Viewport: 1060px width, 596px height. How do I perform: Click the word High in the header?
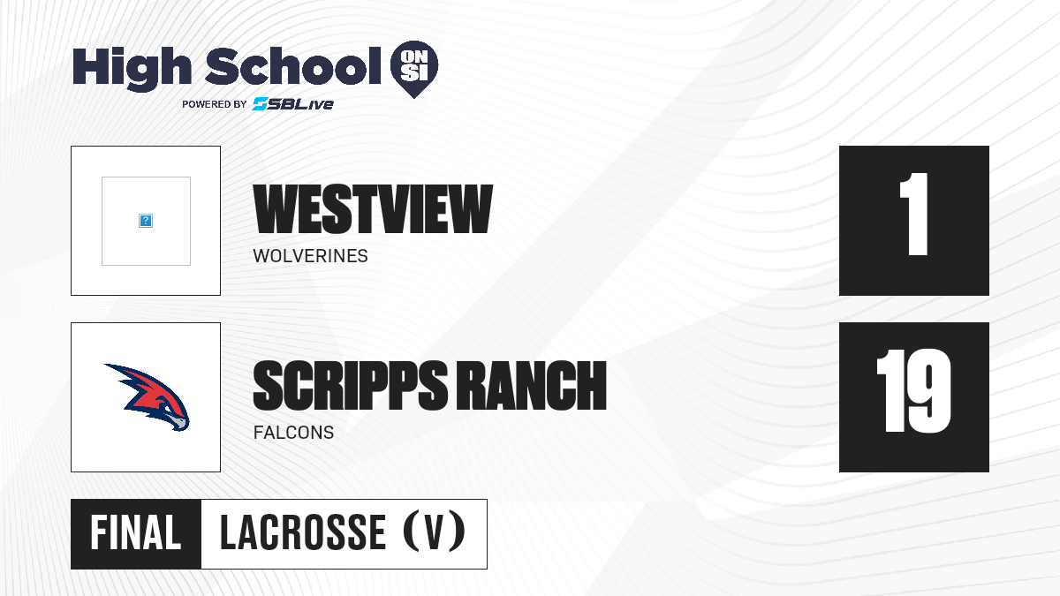pyautogui.click(x=132, y=69)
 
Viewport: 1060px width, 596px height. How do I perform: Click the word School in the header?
pyautogui.click(x=293, y=66)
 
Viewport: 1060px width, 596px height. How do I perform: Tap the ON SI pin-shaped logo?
pyautogui.click(x=414, y=69)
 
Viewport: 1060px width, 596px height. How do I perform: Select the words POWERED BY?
pyautogui.click(x=215, y=104)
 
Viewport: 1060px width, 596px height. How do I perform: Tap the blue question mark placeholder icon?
pyautogui.click(x=146, y=221)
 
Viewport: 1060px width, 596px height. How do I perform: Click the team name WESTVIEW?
pyautogui.click(x=373, y=208)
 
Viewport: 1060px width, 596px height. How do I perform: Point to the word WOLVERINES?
pyautogui.click(x=310, y=256)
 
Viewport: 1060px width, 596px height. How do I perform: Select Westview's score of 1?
pyautogui.click(x=914, y=214)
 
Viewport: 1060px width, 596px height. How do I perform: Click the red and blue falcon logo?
pyautogui.click(x=147, y=397)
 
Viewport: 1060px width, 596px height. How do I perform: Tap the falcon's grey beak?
pyautogui.click(x=178, y=423)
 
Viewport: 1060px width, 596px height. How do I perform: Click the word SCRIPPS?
pyautogui.click(x=350, y=385)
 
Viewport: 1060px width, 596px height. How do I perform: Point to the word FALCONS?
pyautogui.click(x=293, y=433)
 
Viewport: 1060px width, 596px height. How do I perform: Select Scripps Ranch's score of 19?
pyautogui.click(x=913, y=391)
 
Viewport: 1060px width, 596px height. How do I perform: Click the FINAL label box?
pyautogui.click(x=136, y=534)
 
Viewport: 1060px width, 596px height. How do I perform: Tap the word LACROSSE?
pyautogui.click(x=303, y=532)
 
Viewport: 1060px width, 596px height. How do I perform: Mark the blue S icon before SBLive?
pyautogui.click(x=260, y=104)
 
